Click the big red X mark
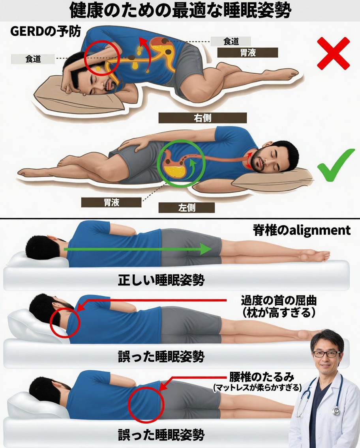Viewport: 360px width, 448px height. [x=333, y=53]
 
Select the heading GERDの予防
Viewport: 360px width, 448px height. [x=45, y=32]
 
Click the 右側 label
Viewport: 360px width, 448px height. [x=202, y=118]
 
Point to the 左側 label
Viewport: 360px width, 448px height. [x=187, y=207]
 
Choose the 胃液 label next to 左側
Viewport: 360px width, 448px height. [x=111, y=202]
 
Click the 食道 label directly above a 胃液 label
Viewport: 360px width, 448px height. [x=231, y=41]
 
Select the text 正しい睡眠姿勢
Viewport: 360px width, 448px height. [x=161, y=280]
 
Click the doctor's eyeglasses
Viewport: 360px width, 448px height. [x=326, y=354]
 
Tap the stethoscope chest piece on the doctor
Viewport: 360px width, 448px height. [x=336, y=411]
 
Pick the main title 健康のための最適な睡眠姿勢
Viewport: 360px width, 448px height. [x=180, y=11]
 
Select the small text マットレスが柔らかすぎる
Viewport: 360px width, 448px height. [x=257, y=388]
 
